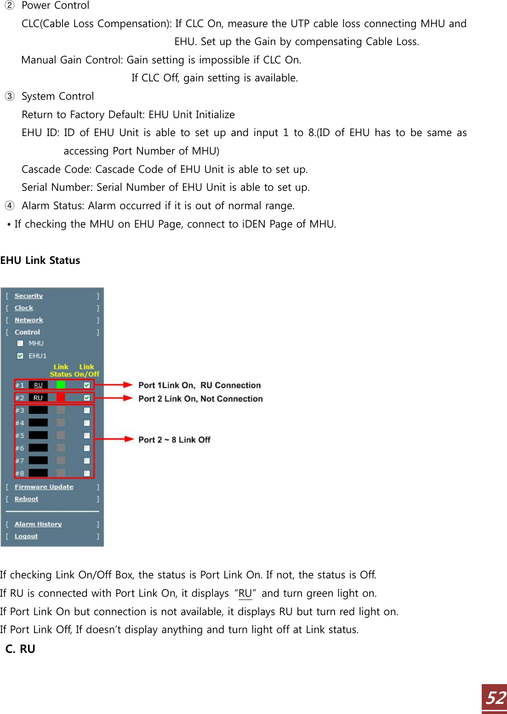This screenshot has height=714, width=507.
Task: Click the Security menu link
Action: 28,296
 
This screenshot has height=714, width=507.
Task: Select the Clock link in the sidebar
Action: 24,308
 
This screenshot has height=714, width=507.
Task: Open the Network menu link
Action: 28,320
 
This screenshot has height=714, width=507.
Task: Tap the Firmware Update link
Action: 44,487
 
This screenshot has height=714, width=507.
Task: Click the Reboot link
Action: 26,499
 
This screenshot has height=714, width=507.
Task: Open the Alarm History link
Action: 38,524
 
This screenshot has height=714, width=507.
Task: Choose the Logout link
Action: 26,536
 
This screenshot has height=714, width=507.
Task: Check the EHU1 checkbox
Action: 20,355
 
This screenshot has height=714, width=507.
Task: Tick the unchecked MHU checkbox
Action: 20,343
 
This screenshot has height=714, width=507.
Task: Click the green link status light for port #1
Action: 61,385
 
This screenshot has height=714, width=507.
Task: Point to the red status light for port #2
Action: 61,398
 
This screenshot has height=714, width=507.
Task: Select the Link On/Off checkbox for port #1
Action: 87,385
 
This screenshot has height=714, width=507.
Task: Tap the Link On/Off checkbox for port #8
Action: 87,473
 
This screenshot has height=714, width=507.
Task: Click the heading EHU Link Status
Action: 40,261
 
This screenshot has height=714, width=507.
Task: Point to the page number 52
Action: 496,698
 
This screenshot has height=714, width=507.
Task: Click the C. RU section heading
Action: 21,649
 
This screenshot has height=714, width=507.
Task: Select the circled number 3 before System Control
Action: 10,96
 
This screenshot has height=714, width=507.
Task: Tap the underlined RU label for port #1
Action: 38,385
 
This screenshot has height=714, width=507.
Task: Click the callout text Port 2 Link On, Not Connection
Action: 200,399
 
